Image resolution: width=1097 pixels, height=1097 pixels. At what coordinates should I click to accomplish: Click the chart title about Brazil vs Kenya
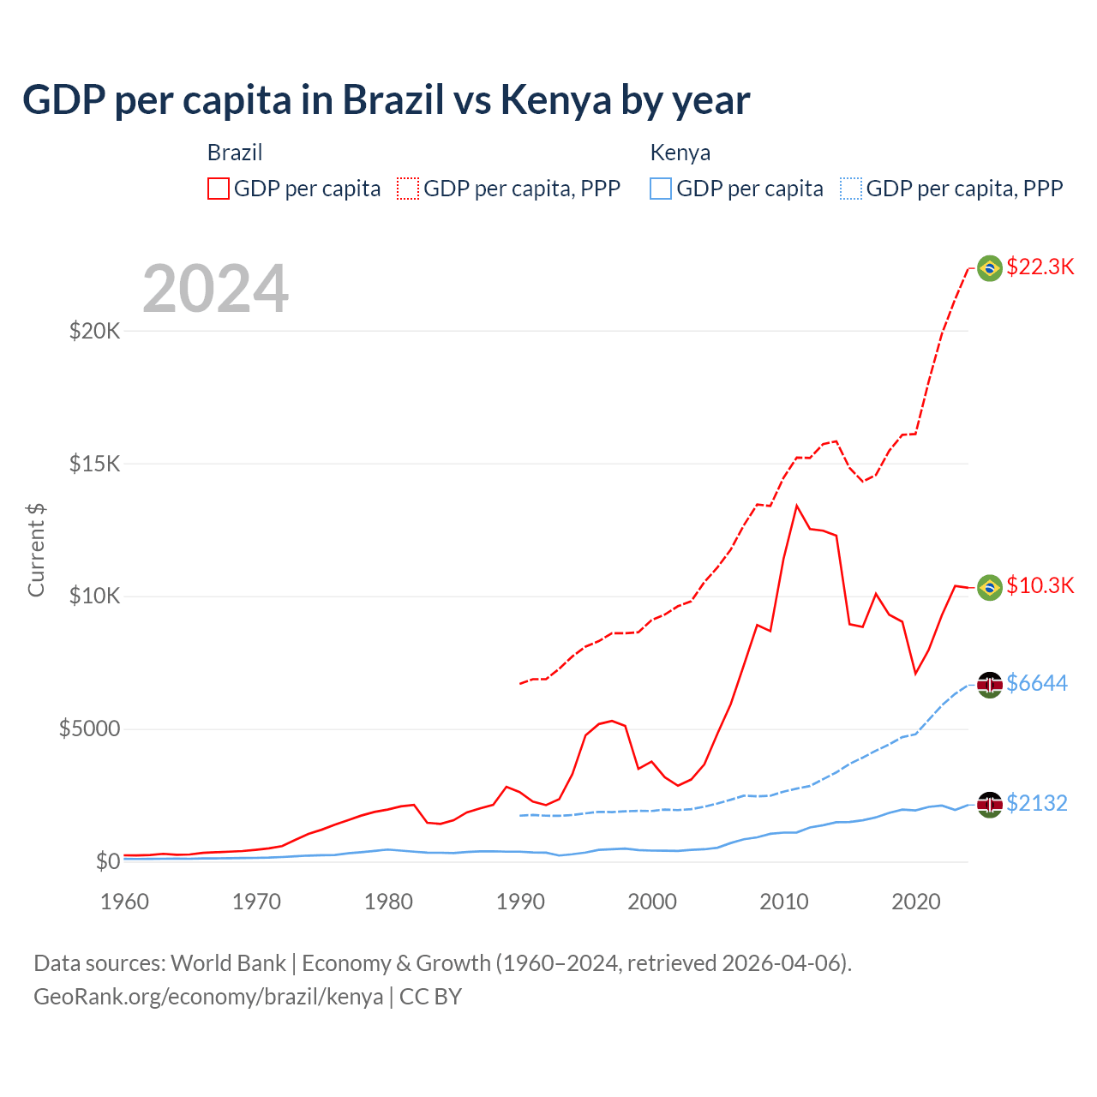[386, 100]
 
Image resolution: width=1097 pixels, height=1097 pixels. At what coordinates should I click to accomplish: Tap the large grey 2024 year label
[215, 289]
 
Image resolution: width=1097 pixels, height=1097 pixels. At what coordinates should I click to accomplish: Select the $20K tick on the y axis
[94, 331]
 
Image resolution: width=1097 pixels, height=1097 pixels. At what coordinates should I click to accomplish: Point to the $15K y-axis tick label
[94, 464]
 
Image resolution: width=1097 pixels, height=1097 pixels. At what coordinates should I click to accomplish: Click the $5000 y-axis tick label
[89, 728]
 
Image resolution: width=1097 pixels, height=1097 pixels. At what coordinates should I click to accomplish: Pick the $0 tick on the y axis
[107, 861]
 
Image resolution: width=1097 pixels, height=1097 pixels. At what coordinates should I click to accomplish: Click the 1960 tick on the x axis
[125, 902]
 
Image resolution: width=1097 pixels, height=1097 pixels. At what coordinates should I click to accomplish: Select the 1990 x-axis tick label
[520, 902]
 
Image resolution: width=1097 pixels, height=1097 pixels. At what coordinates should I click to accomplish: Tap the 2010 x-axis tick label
[784, 902]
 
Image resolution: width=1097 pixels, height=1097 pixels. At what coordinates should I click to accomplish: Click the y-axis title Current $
[36, 550]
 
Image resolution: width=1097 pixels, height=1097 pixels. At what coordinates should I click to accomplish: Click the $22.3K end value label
[1040, 267]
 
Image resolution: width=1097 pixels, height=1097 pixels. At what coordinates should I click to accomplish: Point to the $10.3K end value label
[1040, 585]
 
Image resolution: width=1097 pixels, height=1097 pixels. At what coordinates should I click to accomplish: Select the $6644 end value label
[1037, 683]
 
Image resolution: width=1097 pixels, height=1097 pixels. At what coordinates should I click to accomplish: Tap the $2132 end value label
[1037, 803]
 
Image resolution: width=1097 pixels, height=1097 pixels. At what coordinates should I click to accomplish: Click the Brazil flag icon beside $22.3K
[990, 268]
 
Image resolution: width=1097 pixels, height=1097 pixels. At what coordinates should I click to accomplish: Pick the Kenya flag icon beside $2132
[990, 804]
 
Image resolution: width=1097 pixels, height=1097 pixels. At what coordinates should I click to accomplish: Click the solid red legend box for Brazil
[219, 189]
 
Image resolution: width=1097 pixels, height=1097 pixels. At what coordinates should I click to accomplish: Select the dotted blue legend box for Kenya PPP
[851, 189]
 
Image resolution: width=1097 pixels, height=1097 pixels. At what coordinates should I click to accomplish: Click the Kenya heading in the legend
[680, 153]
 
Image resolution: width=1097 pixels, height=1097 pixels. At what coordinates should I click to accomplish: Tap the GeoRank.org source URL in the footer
[208, 997]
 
